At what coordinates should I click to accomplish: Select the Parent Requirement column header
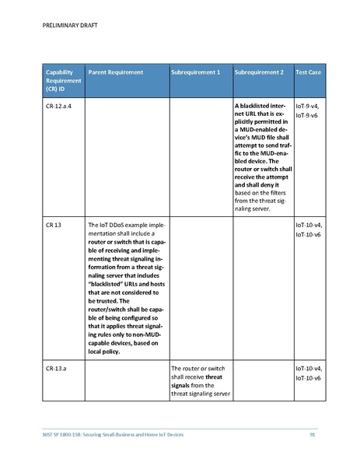(x=115, y=72)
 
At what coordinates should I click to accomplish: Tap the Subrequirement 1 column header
(x=195, y=72)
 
